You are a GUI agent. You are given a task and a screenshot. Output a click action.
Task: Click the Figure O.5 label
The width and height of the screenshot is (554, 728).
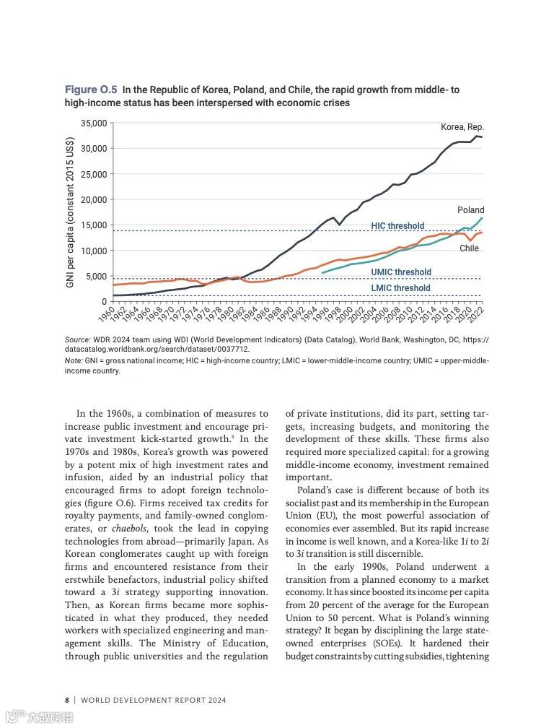click(x=91, y=90)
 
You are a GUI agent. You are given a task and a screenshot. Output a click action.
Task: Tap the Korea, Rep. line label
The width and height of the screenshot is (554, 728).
click(x=462, y=127)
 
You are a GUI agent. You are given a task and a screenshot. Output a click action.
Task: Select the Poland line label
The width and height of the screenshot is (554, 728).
click(x=471, y=210)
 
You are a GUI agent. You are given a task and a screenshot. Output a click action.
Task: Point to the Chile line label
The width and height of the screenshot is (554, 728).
click(x=469, y=248)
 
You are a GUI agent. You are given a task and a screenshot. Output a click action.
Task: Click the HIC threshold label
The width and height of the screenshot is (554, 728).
click(x=397, y=226)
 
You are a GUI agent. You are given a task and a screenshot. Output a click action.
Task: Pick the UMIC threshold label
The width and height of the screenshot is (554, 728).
click(x=401, y=272)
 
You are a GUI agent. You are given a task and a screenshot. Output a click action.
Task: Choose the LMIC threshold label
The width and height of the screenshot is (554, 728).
click(x=400, y=288)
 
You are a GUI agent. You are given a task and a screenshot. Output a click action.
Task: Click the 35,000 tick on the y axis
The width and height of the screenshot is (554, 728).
click(x=94, y=123)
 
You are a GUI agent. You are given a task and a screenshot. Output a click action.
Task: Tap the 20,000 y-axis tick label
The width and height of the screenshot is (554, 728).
click(x=94, y=200)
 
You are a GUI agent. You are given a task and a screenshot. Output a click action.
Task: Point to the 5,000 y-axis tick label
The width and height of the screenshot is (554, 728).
click(x=97, y=277)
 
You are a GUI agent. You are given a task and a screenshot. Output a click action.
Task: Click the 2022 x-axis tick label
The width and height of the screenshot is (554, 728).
click(x=478, y=313)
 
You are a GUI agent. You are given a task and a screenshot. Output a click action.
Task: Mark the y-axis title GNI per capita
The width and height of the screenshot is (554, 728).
click(x=71, y=212)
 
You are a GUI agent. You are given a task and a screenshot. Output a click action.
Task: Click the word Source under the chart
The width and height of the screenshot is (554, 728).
click(x=76, y=339)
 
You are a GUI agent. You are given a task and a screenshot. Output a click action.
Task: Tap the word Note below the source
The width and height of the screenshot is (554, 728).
click(x=73, y=360)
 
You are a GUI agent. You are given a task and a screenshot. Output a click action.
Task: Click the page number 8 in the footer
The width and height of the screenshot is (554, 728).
click(x=67, y=700)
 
